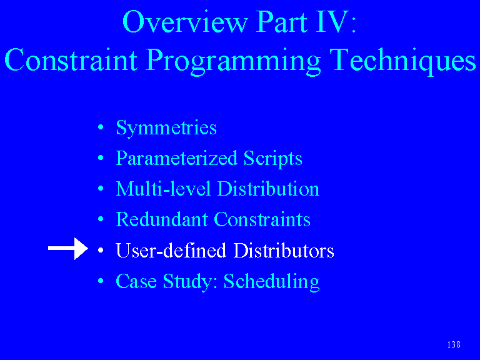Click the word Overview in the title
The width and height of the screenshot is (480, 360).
(185, 21)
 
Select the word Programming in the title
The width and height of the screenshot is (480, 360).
(233, 61)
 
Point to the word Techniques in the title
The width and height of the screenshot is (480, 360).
(402, 60)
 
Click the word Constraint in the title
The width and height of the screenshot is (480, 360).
(71, 60)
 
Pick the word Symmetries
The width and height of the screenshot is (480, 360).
(166, 128)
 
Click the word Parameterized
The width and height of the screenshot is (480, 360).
(177, 159)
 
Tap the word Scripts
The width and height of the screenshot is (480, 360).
(272, 159)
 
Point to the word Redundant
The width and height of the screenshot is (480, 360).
(162, 219)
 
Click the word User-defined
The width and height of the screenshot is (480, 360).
(171, 250)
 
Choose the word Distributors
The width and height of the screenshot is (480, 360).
(284, 250)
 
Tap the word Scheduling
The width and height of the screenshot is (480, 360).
(271, 282)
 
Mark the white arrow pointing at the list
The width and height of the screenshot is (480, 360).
(68, 249)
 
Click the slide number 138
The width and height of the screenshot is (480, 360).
(454, 344)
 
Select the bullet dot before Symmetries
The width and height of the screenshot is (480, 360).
(101, 127)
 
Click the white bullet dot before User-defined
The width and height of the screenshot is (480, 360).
(101, 251)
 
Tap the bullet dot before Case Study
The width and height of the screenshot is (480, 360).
(101, 281)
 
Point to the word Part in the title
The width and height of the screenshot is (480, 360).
(281, 21)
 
